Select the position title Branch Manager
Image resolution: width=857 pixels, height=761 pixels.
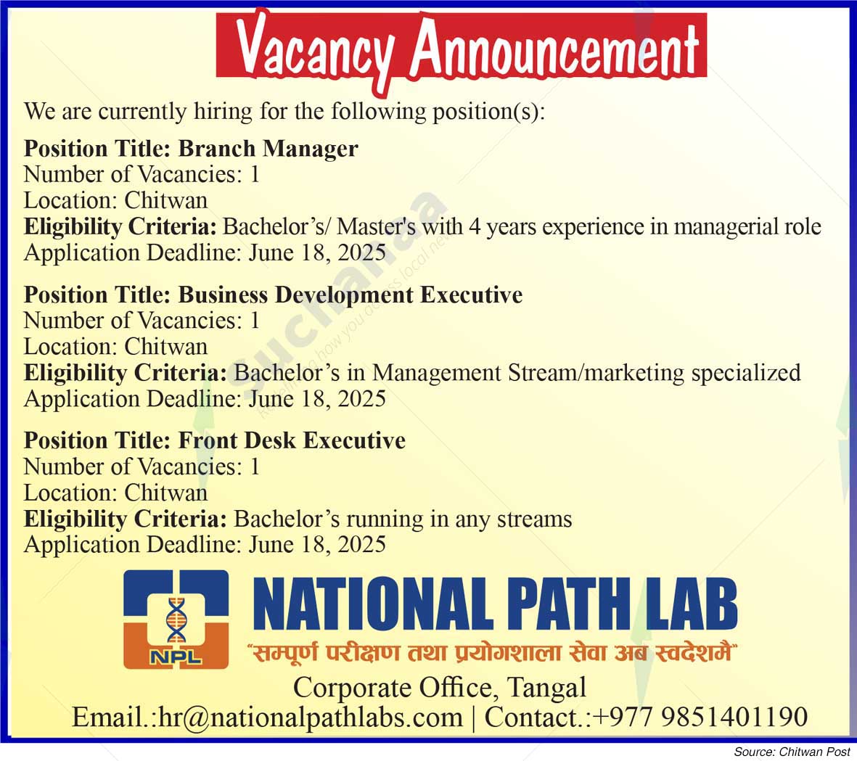[268, 149]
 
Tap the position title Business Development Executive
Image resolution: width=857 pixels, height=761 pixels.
[350, 295]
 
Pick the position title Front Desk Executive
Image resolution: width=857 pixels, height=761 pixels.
[292, 440]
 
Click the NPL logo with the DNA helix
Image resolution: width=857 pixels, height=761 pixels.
[176, 620]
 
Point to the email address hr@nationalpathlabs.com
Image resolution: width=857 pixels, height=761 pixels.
[311, 717]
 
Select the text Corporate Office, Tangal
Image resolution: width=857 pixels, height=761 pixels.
[440, 687]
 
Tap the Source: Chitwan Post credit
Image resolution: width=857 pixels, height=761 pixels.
[792, 752]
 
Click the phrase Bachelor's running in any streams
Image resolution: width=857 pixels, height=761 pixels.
[403, 519]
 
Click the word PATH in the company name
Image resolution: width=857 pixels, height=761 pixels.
[568, 606]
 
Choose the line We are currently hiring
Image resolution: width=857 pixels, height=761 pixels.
[284, 112]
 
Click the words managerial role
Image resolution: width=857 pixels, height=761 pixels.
[747, 227]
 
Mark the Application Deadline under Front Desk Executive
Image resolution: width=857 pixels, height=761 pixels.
[205, 545]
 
